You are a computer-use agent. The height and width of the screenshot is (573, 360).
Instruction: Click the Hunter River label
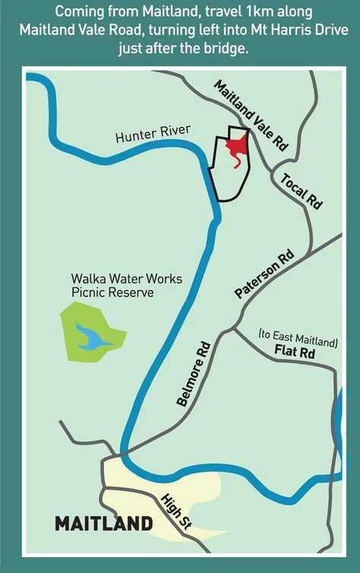(x=153, y=136)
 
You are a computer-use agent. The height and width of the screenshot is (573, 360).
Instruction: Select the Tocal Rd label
(x=302, y=189)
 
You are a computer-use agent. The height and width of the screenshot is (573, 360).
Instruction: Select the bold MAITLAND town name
(x=103, y=524)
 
